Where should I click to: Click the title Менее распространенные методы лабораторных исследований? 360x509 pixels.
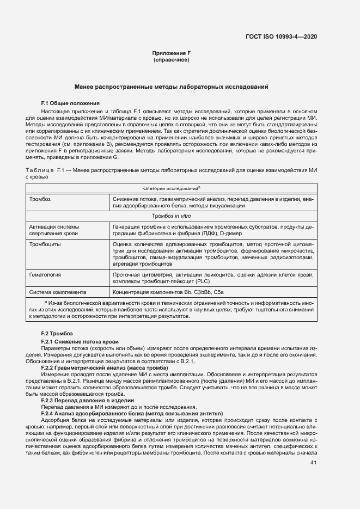tap(171, 87)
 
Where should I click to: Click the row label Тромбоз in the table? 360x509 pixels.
tap(40, 199)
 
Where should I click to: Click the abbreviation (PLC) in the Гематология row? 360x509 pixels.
tap(202, 281)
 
